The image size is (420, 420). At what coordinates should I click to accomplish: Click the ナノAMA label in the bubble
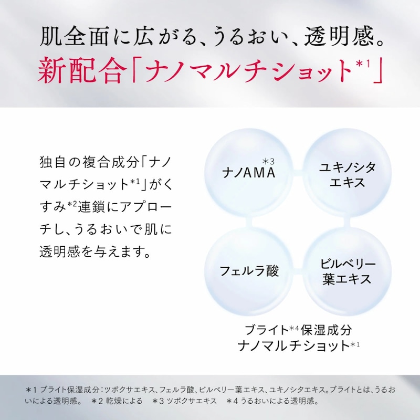pos(249,172)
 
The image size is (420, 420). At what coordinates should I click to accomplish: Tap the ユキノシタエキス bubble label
pos(347,175)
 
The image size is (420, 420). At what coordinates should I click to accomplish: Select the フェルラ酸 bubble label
pos(249,271)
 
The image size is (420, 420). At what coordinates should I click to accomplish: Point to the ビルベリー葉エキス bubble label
pos(348,271)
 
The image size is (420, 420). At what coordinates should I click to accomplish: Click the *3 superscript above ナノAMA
pos(268,161)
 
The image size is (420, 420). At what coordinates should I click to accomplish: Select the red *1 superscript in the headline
pos(363,64)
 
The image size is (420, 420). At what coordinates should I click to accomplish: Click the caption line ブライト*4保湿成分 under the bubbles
pos(298,330)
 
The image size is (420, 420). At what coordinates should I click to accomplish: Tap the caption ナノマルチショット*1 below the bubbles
pos(299,345)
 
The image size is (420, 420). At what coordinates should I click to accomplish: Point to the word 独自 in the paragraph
pos(52,162)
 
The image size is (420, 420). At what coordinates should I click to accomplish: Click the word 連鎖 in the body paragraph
pos(91,207)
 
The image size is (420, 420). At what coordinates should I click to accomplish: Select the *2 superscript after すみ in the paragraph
pos(72,204)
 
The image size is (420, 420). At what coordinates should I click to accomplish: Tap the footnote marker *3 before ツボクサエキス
pos(158,401)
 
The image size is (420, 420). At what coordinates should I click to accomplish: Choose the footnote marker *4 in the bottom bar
pos(232,401)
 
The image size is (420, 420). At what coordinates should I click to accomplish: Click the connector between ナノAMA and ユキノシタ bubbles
pos(298,173)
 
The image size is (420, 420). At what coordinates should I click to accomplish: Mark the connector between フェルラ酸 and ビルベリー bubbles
pos(298,271)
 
